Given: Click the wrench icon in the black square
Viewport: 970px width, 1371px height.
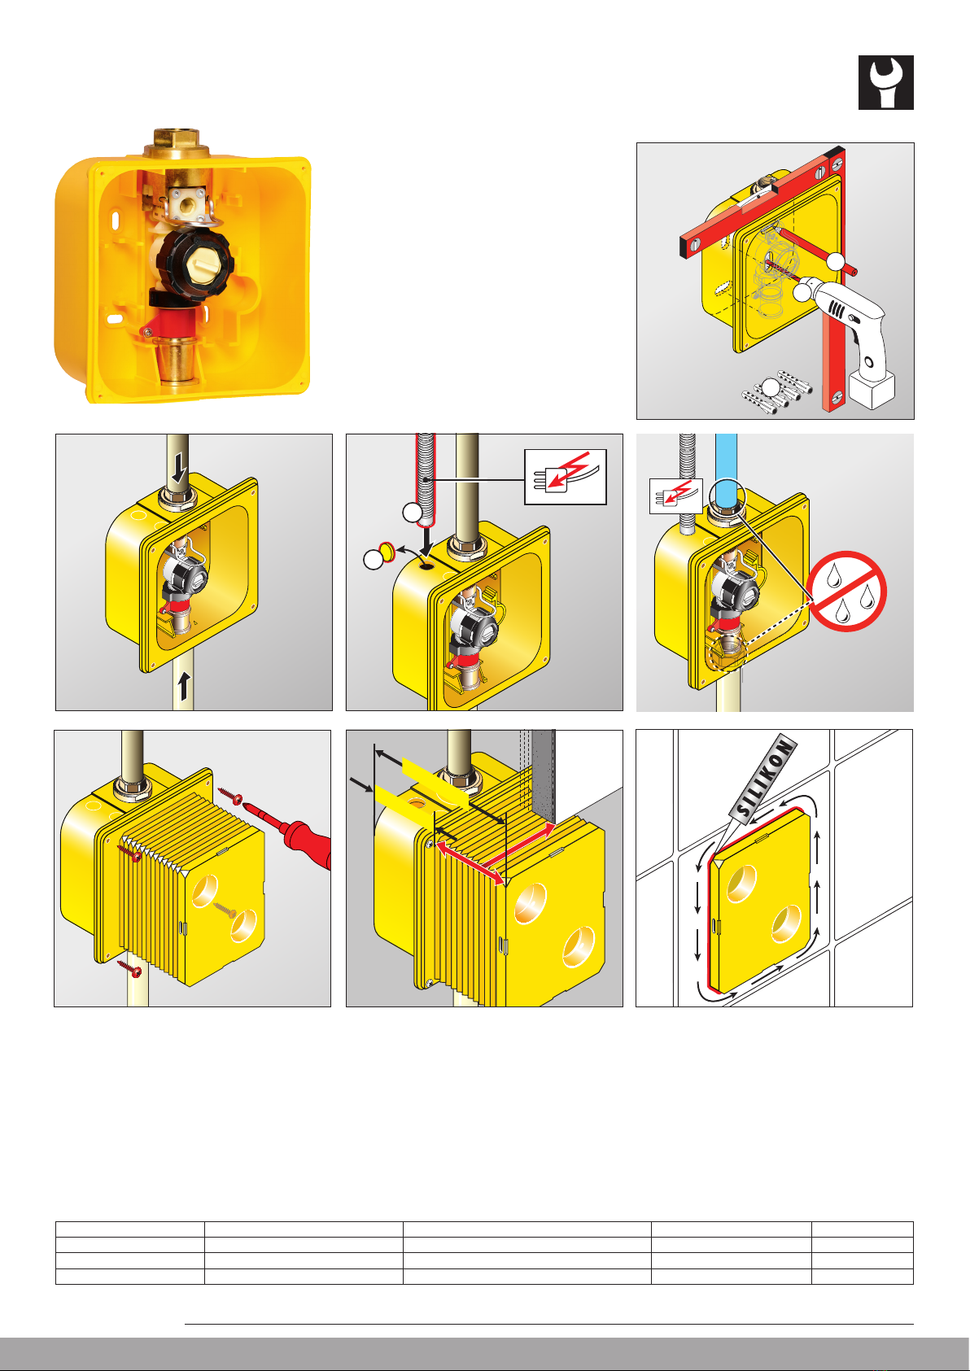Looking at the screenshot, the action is pos(885,83).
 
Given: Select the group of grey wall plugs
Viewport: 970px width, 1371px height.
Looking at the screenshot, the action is pos(776,391).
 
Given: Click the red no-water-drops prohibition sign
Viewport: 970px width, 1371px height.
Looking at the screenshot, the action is pos(846,592).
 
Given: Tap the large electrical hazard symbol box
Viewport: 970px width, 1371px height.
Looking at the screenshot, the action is pos(565,477).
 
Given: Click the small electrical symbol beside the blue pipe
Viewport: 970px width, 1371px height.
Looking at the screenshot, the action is pos(675,496).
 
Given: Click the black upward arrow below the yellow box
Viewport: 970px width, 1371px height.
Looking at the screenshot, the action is pos(184,686).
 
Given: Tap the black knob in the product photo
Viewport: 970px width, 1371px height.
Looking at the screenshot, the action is pos(195,264).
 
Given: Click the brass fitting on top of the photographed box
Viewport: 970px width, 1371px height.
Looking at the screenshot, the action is pos(177,143).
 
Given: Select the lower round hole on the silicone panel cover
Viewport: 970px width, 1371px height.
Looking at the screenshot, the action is pos(786,923).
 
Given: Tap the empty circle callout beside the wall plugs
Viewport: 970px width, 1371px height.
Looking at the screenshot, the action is pos(771,388).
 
